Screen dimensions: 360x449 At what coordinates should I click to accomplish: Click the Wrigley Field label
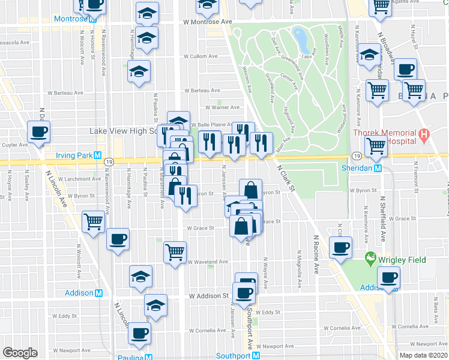point(402,260)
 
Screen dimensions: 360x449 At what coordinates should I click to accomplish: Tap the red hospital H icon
point(424,136)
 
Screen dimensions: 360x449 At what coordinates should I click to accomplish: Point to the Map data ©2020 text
point(423,355)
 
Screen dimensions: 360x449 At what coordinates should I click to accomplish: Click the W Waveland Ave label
point(208,262)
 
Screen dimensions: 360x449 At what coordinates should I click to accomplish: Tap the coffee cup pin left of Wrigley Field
point(340,247)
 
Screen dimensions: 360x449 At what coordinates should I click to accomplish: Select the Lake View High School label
point(123,131)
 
